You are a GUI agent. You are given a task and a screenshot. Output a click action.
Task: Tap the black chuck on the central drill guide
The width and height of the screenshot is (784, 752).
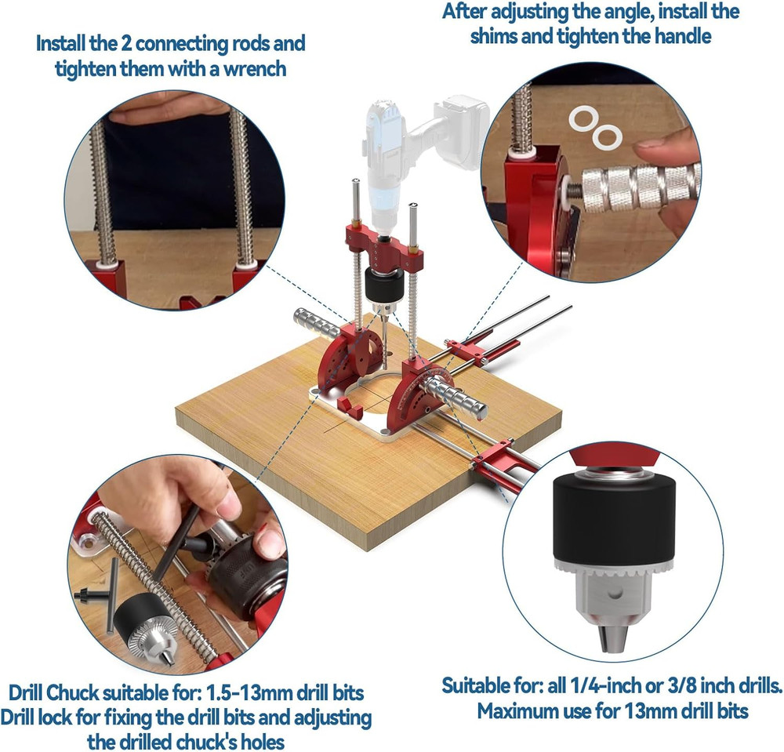pos(383,282)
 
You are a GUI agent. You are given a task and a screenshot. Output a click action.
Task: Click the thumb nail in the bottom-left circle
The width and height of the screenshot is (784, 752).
pos(270,542)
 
